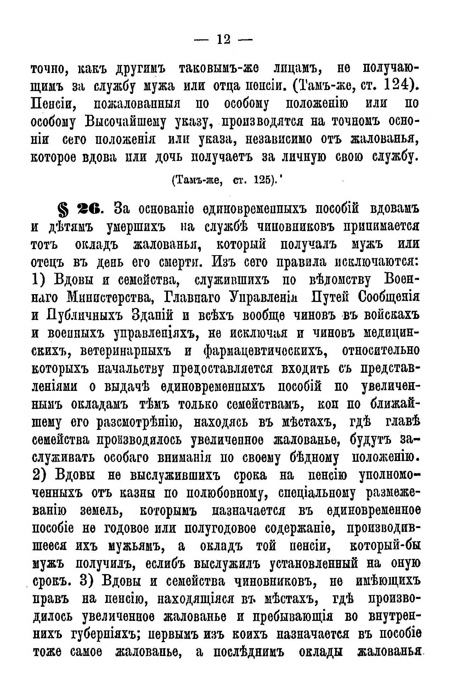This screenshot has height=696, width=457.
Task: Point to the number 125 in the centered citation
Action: (x=262, y=180)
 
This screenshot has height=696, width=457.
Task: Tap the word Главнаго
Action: (x=192, y=297)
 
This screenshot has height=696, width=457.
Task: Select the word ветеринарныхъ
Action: (x=126, y=351)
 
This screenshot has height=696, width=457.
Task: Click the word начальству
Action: (x=131, y=369)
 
